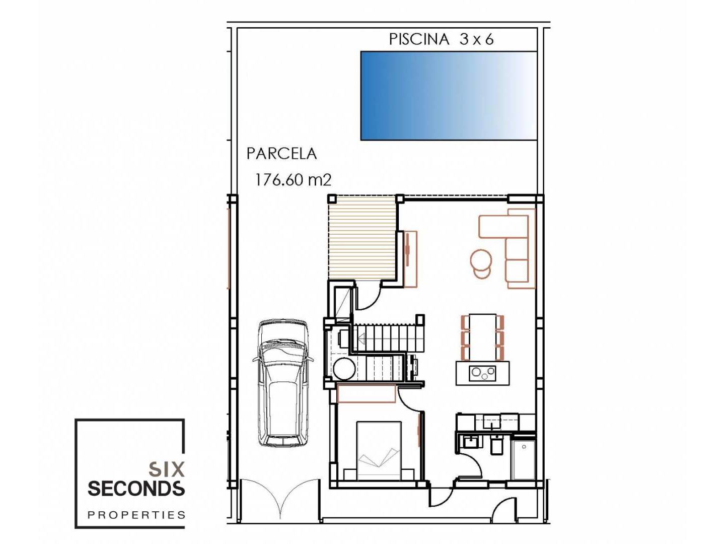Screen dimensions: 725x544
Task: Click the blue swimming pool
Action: (x=448, y=96)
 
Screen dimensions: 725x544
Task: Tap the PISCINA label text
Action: (x=419, y=39)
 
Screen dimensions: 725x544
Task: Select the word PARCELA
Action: (x=282, y=154)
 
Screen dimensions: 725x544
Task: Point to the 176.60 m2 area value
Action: (x=293, y=180)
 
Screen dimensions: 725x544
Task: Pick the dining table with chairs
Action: (x=482, y=337)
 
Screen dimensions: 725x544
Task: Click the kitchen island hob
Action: (x=482, y=373)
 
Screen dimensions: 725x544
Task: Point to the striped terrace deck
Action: (x=362, y=237)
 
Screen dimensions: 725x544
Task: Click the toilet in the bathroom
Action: (x=496, y=444)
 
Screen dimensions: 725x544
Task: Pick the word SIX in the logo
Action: (x=167, y=469)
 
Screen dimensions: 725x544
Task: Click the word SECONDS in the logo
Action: (x=136, y=489)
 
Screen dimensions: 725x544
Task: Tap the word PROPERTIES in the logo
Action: (x=136, y=515)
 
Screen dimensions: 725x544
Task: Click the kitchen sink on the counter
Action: (x=492, y=423)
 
